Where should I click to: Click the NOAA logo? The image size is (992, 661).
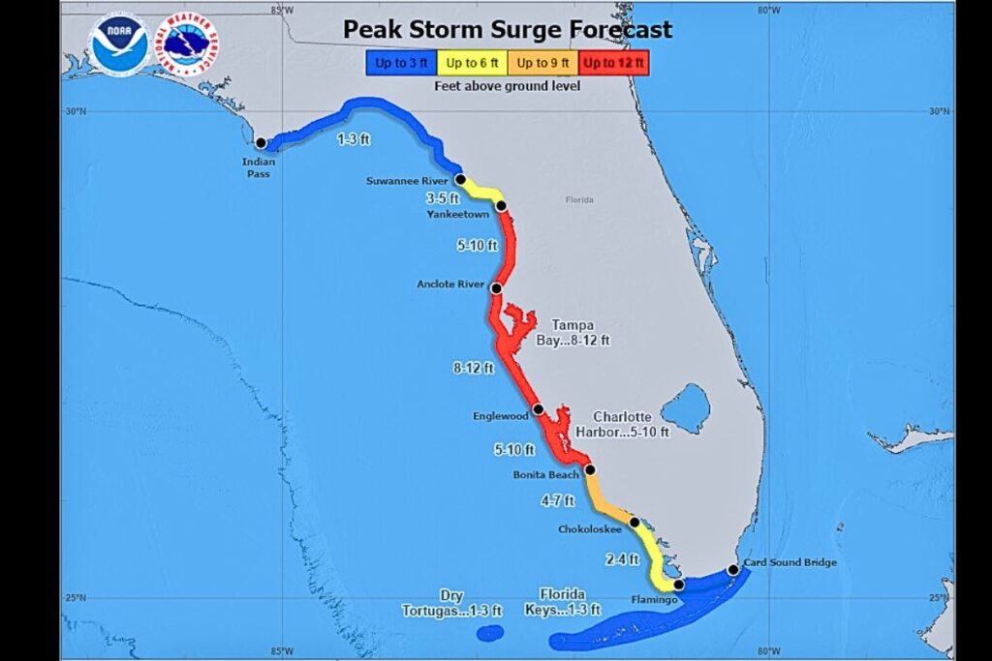(x=119, y=45)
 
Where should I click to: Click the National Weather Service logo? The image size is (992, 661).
(x=186, y=45)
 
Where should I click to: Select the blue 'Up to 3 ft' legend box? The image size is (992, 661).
(x=397, y=64)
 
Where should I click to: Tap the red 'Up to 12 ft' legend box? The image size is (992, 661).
(x=614, y=64)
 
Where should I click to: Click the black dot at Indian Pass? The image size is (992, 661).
(x=261, y=143)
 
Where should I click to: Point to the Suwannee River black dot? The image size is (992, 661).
(x=461, y=180)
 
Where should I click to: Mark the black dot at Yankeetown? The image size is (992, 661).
(x=501, y=205)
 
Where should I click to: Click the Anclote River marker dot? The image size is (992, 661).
(x=496, y=288)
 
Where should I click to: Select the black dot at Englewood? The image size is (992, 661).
(x=538, y=409)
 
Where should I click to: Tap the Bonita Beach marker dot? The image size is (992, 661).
(x=589, y=469)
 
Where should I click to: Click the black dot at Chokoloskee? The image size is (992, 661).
(x=635, y=523)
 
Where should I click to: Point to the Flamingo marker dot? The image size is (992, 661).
(x=678, y=585)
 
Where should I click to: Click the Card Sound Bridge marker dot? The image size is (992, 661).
(x=733, y=570)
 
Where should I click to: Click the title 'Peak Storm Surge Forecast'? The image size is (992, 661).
(x=507, y=29)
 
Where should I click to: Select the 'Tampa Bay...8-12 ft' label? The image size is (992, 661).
(x=573, y=332)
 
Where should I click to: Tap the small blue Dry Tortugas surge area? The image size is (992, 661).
(x=490, y=633)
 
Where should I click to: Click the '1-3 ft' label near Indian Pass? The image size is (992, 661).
(x=353, y=139)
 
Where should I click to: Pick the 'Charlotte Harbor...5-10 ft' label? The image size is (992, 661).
(x=631, y=424)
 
